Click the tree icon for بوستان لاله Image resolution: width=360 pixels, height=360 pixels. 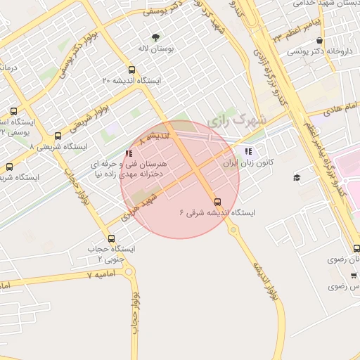point(155,37)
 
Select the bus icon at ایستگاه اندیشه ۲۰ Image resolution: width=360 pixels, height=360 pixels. point(131,69)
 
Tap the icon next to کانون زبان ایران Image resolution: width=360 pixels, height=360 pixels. point(247,151)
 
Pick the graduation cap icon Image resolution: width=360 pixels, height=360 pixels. point(297,177)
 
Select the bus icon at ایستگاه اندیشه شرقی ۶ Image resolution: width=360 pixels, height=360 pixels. point(217,201)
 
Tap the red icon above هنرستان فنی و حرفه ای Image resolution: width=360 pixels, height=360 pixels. point(128,153)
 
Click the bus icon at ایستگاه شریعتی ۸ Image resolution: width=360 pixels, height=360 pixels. point(58,136)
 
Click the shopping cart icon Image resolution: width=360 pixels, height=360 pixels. point(354,276)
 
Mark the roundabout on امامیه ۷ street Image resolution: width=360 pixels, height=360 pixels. point(129,271)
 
